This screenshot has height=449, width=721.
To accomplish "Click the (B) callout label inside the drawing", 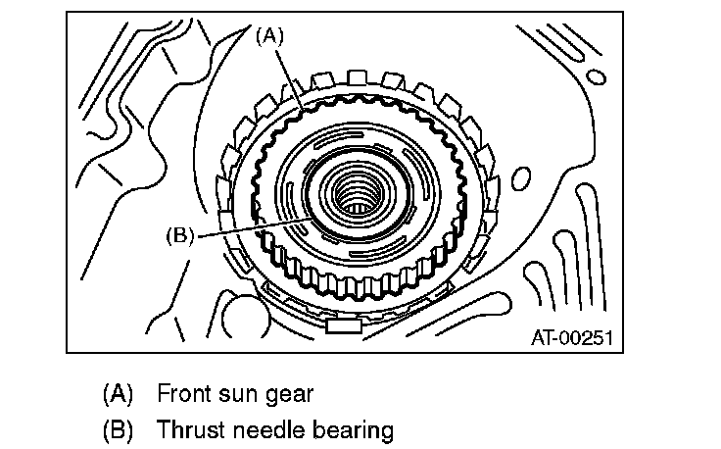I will pyautogui.click(x=182, y=235).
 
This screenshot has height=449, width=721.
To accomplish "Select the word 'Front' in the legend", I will pyautogui.click(x=181, y=394).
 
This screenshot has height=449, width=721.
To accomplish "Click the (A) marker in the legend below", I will pyautogui.click(x=116, y=394).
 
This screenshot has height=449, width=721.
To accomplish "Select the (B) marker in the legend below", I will pyautogui.click(x=116, y=429).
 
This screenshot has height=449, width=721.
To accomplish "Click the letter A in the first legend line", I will pyautogui.click(x=116, y=394).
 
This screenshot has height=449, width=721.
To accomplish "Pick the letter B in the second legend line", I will pyautogui.click(x=116, y=429).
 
